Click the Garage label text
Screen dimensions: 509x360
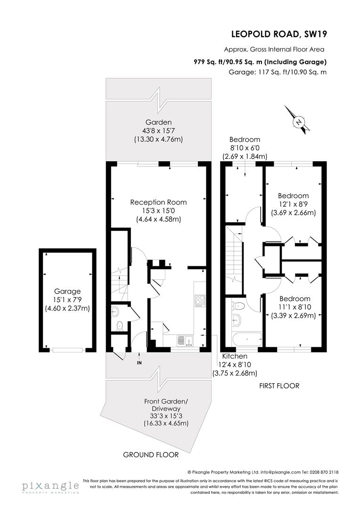coord(67,291)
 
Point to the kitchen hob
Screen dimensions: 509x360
coord(199,299)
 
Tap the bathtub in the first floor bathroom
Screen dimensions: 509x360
coord(247,337)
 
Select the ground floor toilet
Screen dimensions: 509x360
coord(119,325)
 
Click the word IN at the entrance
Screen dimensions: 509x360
coord(139,363)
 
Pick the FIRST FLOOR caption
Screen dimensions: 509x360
coord(279,386)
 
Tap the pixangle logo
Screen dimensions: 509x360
coord(50,486)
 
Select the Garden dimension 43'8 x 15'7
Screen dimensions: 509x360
coord(158,131)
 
